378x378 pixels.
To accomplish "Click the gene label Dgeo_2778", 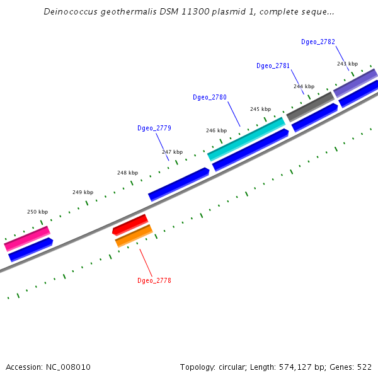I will click(x=154, y=280).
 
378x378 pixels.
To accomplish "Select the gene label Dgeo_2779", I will click(x=154, y=128).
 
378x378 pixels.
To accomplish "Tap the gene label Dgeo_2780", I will click(x=210, y=97).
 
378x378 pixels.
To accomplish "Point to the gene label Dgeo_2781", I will click(x=273, y=66).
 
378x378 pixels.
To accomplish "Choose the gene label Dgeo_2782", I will click(x=318, y=42).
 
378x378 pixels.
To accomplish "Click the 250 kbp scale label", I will click(x=37, y=212).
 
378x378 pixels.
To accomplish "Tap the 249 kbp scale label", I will click(x=83, y=192).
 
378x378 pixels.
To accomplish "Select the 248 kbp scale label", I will click(x=127, y=173).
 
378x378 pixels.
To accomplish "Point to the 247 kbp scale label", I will click(x=172, y=152).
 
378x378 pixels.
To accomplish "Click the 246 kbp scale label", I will click(x=216, y=130).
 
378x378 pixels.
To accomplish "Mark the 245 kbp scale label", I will click(x=260, y=109).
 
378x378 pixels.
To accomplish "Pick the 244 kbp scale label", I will click(x=304, y=86).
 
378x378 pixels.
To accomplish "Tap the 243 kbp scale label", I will click(x=347, y=64).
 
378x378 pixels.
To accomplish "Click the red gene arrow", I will click(x=130, y=224).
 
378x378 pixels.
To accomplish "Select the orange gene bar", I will click(x=134, y=236).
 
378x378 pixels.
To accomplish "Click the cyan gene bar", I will click(x=246, y=139).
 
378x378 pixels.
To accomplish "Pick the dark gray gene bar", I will click(x=310, y=106).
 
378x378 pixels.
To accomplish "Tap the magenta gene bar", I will click(x=27, y=239).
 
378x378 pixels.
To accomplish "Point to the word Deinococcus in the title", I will click(x=70, y=12).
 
